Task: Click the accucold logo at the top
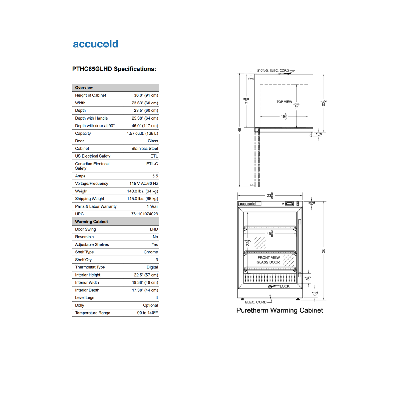(96, 44)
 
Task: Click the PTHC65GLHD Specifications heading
(114, 69)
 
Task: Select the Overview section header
(84, 88)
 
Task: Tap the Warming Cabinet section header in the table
(91, 222)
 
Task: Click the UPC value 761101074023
(144, 214)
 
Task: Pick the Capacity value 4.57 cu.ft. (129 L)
(142, 134)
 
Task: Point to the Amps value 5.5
(155, 176)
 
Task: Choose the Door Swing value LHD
(154, 229)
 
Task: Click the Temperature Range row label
(92, 313)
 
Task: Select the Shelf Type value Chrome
(151, 252)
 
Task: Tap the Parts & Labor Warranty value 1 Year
(152, 206)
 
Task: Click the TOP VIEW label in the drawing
(284, 102)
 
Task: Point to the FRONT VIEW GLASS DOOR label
(268, 260)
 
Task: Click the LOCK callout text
(285, 286)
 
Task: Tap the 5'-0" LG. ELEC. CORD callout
(273, 70)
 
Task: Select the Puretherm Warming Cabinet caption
(279, 310)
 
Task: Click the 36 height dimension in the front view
(323, 251)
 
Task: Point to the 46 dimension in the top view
(239, 130)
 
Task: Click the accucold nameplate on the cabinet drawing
(247, 204)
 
